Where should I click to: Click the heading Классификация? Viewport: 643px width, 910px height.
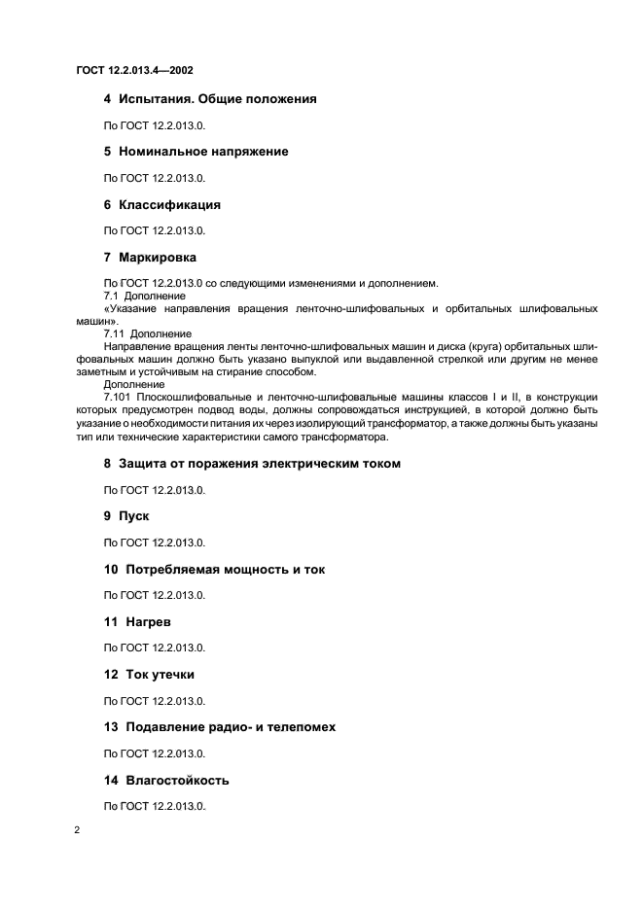pos(169,205)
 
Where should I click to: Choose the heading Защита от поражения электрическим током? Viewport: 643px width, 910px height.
pos(259,464)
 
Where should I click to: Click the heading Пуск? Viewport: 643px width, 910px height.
pos(133,516)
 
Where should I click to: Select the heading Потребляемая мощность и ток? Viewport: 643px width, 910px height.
pos(221,570)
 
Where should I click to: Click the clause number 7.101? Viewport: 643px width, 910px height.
pos(118,397)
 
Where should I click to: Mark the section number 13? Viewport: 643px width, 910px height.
pos(111,726)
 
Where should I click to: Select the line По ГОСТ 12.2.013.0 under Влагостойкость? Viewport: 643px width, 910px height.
pos(155,806)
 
